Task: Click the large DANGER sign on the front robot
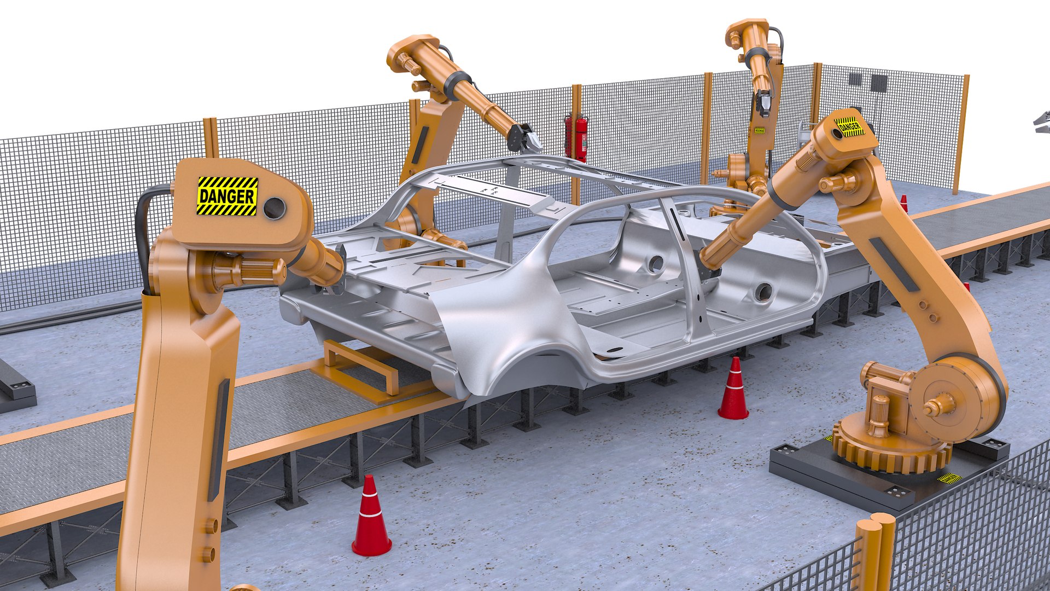[x=227, y=195]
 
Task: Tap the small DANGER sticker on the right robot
[x=849, y=127]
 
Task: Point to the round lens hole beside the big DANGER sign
[x=274, y=208]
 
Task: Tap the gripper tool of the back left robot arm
[x=524, y=138]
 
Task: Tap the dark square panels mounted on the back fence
[x=870, y=81]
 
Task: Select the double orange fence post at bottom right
[x=875, y=553]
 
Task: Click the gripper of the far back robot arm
[x=764, y=104]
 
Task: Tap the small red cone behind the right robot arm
[x=903, y=204]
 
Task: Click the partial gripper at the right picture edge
[x=1042, y=121]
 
